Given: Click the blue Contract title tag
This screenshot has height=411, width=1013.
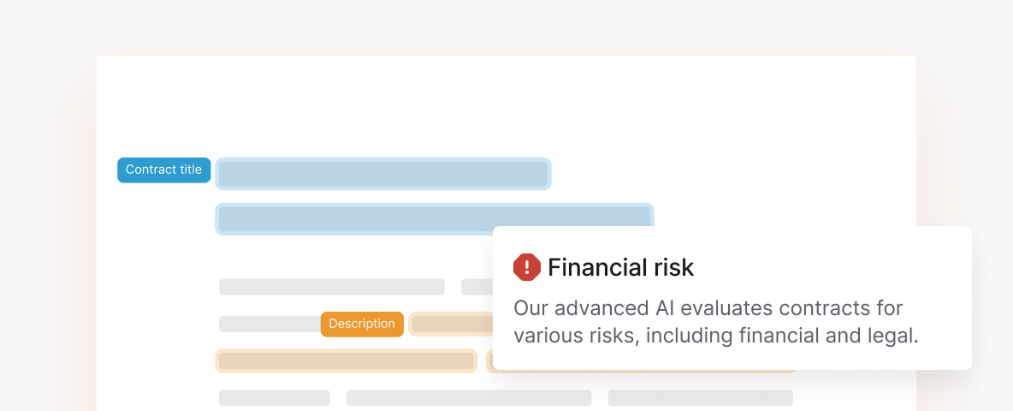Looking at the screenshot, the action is (x=163, y=170).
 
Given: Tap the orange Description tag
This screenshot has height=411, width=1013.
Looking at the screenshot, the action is (x=362, y=324).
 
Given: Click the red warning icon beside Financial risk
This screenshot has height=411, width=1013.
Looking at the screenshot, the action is (x=526, y=267).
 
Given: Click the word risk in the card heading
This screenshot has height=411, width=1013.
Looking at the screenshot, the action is (x=672, y=267).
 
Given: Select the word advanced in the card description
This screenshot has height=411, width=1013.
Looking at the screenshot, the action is (x=601, y=308).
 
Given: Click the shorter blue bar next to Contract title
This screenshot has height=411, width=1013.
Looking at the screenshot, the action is (x=383, y=174).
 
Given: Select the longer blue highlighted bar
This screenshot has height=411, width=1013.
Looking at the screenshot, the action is (x=434, y=218).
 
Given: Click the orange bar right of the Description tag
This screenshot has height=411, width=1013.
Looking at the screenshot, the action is (x=452, y=324).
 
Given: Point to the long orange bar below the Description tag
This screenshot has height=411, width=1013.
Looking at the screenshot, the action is (x=347, y=360).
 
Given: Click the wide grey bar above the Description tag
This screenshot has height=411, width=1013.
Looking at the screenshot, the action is (x=331, y=287).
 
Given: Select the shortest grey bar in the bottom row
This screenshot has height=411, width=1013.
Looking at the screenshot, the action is (x=275, y=397).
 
